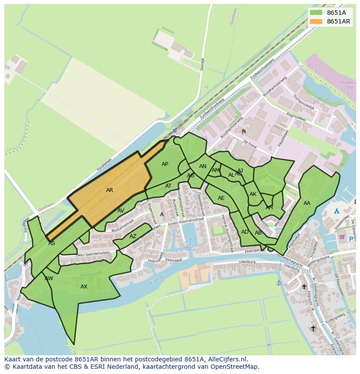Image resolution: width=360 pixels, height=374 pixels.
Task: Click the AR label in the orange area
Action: [110, 190]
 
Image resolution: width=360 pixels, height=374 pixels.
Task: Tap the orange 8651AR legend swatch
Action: [316, 21]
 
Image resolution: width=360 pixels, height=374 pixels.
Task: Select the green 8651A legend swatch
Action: [316, 13]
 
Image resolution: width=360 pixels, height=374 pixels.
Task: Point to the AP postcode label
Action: [165, 164]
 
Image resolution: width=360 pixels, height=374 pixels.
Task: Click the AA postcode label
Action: [307, 203]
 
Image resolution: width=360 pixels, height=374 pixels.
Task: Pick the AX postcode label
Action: [84, 287]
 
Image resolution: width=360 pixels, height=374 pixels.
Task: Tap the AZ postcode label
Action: [133, 236]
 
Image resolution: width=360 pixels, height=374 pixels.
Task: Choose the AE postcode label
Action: [221, 198]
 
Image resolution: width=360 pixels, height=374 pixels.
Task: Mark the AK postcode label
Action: [253, 194]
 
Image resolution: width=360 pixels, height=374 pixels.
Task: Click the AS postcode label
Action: [52, 243]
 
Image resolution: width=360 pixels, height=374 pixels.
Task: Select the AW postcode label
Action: [49, 278]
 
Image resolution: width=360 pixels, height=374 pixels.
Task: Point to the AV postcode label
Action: [121, 211]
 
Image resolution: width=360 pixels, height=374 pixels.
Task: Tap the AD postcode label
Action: [245, 232]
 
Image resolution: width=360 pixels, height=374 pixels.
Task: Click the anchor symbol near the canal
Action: [279, 283]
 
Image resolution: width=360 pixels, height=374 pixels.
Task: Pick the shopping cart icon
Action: [342, 237]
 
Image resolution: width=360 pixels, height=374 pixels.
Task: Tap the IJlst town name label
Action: [306, 271]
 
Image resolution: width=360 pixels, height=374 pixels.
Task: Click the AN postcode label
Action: [203, 166]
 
